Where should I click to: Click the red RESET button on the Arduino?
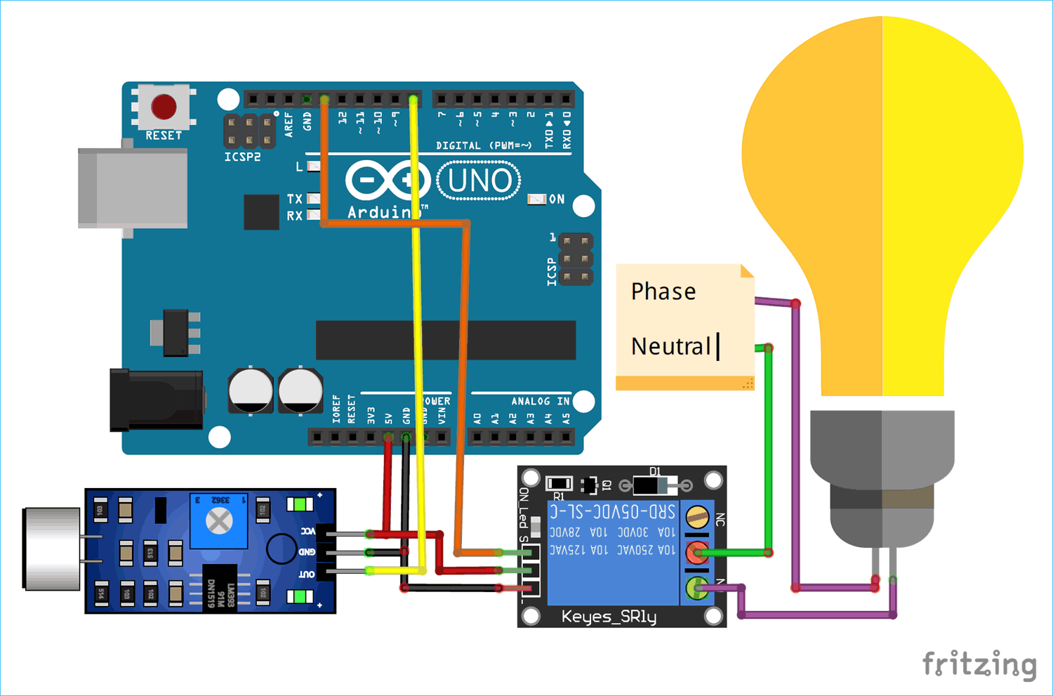click(164, 107)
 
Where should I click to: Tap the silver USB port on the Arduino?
click(133, 188)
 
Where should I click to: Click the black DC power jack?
click(156, 400)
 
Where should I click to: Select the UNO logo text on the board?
click(479, 180)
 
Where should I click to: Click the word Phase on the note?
click(663, 291)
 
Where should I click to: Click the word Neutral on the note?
click(670, 346)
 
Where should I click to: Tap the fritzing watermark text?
click(979, 664)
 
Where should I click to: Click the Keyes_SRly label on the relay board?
click(609, 617)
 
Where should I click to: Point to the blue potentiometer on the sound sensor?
click(219, 521)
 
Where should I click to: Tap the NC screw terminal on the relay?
click(697, 518)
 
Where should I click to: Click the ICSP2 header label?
click(242, 157)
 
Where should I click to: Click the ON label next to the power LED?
click(557, 199)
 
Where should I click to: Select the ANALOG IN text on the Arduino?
click(540, 401)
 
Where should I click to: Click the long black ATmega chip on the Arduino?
click(446, 340)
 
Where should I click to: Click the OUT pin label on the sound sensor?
click(307, 574)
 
